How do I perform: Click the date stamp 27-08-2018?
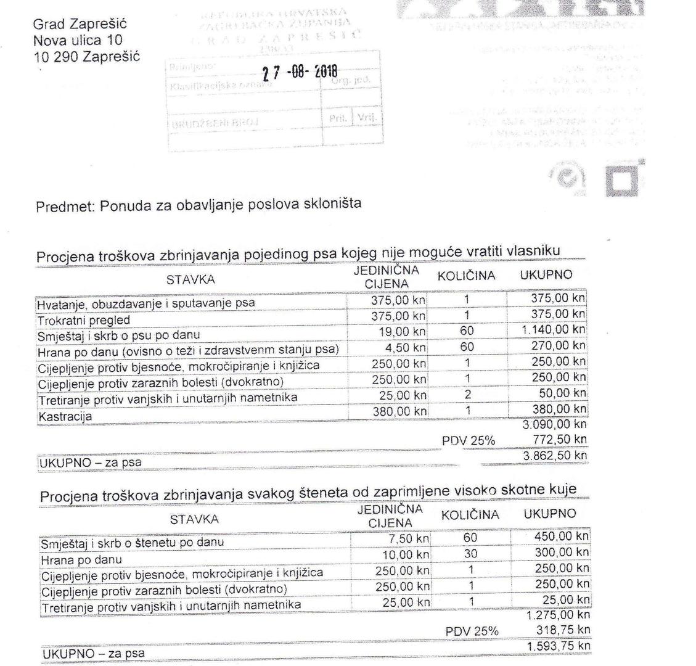tap(300, 72)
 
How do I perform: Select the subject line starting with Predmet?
tap(198, 206)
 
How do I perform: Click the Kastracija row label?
tap(65, 417)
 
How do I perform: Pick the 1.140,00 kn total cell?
tap(553, 330)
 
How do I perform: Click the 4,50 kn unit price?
tap(406, 348)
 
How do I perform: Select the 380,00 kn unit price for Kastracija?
tap(399, 411)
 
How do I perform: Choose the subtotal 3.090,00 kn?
tap(554, 425)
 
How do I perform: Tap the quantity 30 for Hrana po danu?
tap(470, 554)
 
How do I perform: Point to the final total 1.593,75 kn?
tap(559, 646)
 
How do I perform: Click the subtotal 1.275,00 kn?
tap(559, 615)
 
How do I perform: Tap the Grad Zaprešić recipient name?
tap(80, 25)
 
